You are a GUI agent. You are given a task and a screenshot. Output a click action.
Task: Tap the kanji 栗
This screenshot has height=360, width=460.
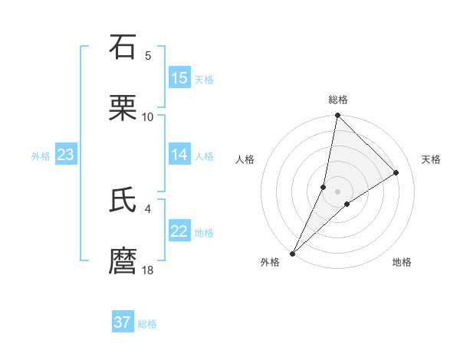[x=123, y=108]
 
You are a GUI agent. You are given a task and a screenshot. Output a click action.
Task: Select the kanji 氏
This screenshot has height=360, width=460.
[x=123, y=200]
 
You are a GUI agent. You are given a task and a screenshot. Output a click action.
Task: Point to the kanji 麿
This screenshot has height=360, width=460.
[x=123, y=261]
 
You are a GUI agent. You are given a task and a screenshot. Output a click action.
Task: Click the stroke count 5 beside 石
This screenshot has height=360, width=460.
[x=148, y=56]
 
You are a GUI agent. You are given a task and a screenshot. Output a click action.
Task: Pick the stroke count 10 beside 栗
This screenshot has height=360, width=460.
[x=148, y=116]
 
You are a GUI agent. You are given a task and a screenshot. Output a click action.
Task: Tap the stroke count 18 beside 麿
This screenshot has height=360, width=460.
[x=148, y=270]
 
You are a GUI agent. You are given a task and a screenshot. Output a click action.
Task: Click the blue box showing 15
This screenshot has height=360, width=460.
[x=179, y=78]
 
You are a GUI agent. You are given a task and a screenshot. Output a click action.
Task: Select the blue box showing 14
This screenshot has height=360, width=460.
[x=179, y=155]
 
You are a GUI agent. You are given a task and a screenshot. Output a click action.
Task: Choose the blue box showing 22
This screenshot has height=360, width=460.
[x=179, y=231]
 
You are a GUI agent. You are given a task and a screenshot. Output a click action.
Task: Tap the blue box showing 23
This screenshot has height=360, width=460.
[x=65, y=155]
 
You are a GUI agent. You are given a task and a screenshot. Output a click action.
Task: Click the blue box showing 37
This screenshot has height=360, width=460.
[x=123, y=322]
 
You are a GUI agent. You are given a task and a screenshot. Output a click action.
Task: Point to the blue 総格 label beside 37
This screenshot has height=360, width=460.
[x=147, y=324]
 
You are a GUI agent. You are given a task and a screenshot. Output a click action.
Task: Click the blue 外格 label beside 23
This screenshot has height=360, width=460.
[x=41, y=156]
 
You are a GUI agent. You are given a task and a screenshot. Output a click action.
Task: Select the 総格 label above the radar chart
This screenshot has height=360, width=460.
[x=338, y=100]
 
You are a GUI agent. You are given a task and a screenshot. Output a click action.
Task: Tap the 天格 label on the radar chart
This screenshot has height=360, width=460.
[x=432, y=159]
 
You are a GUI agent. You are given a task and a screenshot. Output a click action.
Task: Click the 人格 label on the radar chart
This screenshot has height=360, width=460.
[x=245, y=159]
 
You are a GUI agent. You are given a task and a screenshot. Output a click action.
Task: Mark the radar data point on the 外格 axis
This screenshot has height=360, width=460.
[x=293, y=253]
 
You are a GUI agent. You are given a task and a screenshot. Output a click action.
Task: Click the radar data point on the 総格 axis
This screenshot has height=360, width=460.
[x=337, y=115]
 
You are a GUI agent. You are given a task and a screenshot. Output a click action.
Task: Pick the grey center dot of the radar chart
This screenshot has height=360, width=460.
[x=337, y=191]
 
